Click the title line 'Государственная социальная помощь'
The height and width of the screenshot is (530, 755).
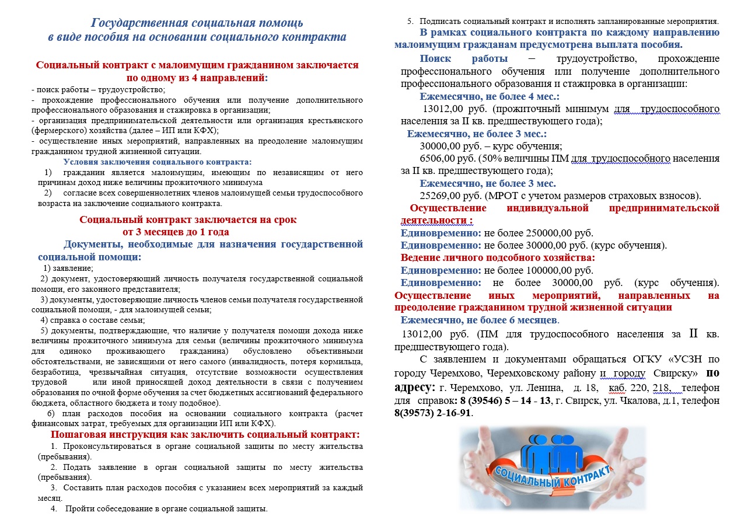(197, 23)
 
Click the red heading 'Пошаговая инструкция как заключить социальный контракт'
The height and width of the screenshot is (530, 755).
(205, 435)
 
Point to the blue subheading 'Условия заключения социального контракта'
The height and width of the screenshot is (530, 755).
(158, 162)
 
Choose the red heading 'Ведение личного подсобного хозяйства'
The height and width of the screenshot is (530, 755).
(498, 257)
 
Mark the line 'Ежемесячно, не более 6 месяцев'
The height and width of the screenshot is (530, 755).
(480, 320)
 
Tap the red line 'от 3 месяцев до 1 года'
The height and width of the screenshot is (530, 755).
(188, 232)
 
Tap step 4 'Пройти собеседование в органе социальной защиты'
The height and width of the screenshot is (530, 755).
(166, 508)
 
